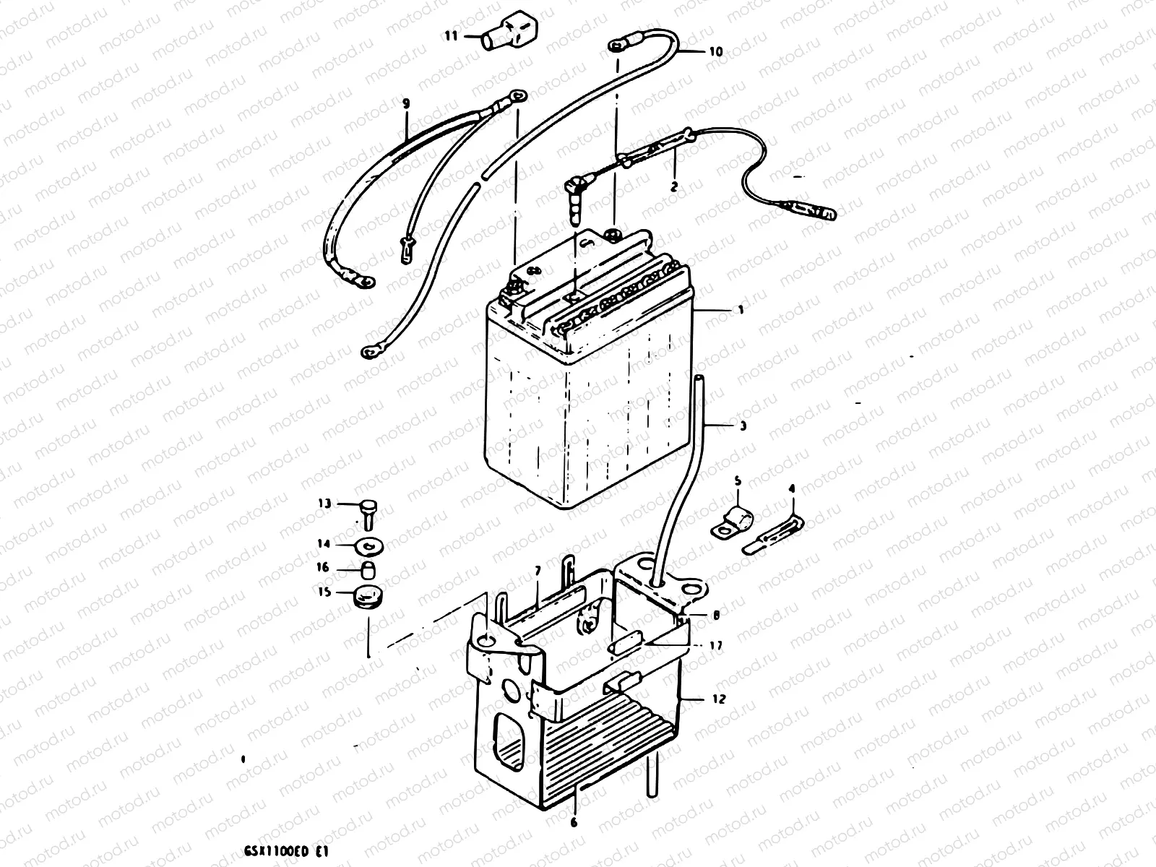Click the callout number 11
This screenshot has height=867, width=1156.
point(451,35)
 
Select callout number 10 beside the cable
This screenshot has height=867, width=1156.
point(715,51)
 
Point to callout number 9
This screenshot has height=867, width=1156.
point(406,104)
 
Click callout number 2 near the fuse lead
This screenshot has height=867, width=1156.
point(674,186)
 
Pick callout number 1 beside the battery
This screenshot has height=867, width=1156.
point(741,309)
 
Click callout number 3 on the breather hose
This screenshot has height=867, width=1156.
point(742,426)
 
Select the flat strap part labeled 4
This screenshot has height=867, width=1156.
point(773,532)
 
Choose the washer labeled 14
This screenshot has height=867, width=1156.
point(369,543)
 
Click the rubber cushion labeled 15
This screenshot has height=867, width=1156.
point(368,598)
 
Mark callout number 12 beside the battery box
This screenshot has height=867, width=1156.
point(718,699)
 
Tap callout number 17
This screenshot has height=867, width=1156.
point(716,645)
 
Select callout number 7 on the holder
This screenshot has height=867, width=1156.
point(537,571)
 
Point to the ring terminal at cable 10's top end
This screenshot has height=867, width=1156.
point(616,46)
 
